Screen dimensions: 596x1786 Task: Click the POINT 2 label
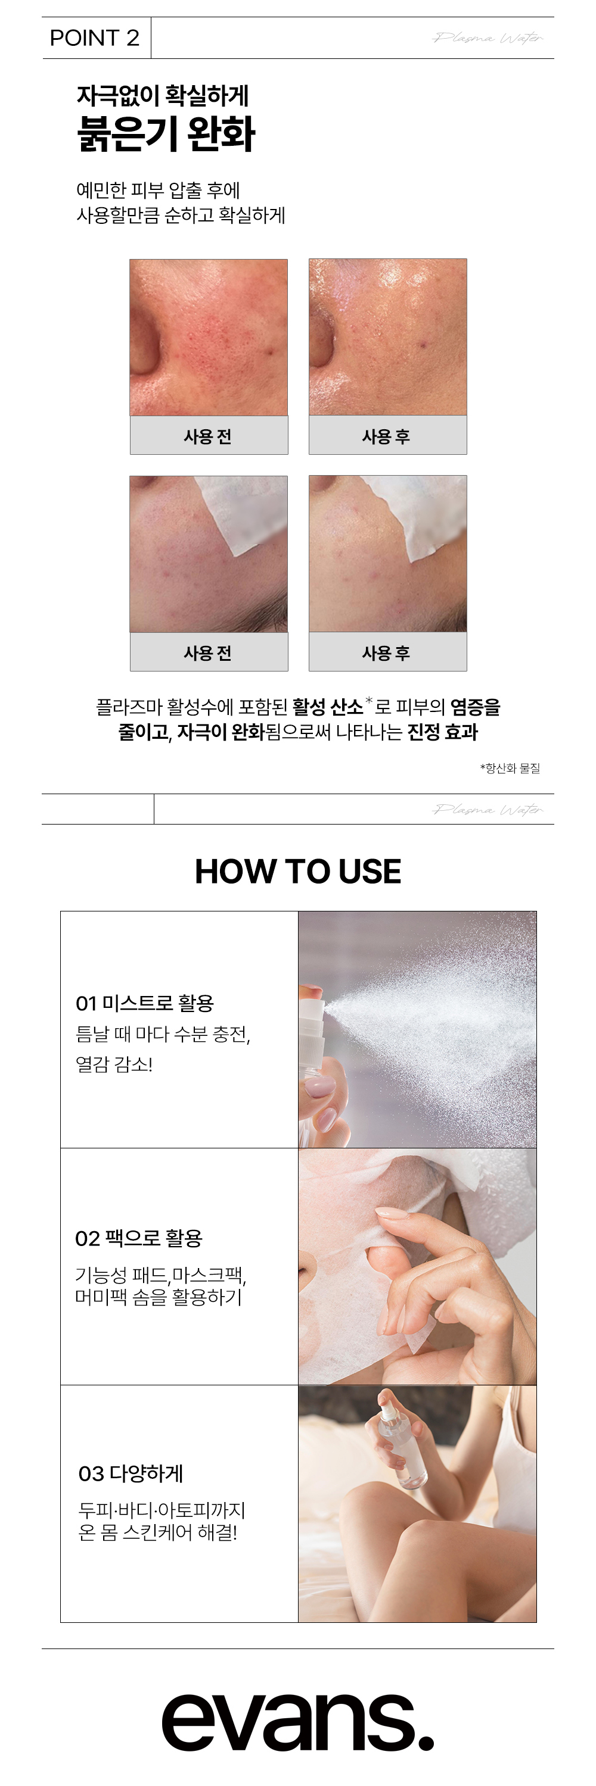pos(94,38)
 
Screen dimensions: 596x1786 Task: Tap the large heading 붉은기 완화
pos(166,134)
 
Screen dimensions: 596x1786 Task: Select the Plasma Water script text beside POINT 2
pos(488,38)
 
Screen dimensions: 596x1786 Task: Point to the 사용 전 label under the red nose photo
pos(207,436)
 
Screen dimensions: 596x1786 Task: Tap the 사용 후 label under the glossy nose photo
pos(386,436)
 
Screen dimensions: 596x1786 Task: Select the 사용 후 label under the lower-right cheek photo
pos(386,652)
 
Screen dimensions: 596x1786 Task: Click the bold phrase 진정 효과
pos(443,732)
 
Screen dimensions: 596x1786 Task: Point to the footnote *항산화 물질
pos(510,767)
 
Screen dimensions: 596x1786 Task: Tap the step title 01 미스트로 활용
pos(145,1003)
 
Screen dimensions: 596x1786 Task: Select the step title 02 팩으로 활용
pos(139,1238)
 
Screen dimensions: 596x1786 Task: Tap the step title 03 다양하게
pos(131,1473)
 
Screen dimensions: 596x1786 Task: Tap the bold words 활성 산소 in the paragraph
pos(327,707)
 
